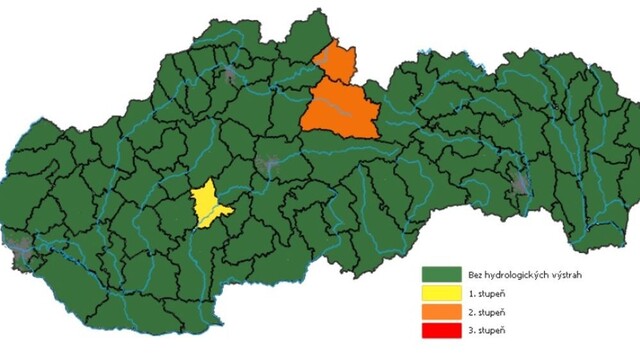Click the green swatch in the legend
pos(440,274)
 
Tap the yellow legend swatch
pos(440,293)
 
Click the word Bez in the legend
pos(472,274)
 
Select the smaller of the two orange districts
pos(337,64)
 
